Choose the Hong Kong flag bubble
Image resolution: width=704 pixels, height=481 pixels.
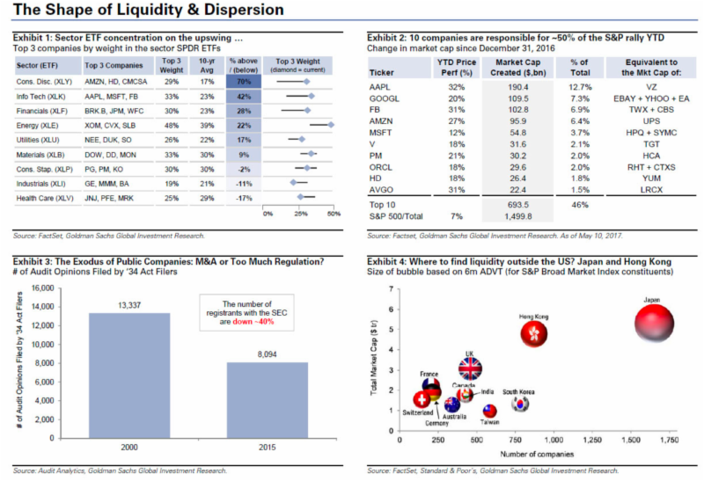534,333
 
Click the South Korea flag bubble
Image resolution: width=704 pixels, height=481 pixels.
521,404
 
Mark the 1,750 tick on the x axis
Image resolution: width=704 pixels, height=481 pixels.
670,439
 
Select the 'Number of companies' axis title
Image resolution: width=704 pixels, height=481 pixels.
537,455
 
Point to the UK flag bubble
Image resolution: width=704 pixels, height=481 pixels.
470,369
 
